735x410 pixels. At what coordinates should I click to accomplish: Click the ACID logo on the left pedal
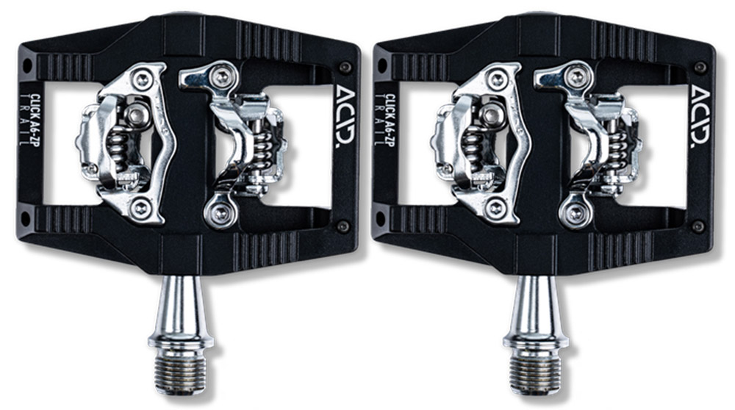(x=345, y=115)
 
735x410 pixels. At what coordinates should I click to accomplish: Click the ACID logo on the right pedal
(x=700, y=115)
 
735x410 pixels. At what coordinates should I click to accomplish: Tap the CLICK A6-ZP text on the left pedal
(x=35, y=120)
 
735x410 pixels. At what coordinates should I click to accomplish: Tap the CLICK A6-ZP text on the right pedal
(x=390, y=120)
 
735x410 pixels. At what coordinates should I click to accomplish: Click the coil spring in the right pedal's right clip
(x=620, y=151)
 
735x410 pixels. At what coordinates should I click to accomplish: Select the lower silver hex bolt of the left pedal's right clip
(x=219, y=213)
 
